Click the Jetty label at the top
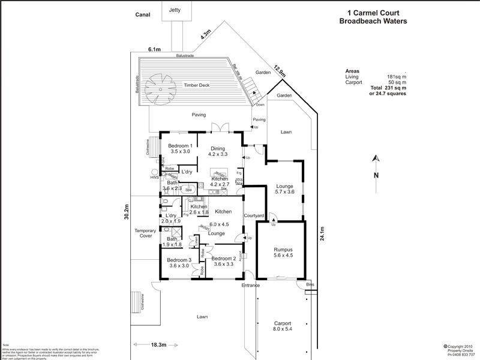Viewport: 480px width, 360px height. click(175, 10)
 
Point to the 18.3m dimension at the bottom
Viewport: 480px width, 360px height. click(159, 345)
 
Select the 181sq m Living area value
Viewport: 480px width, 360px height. click(397, 76)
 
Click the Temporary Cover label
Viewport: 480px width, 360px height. click(145, 233)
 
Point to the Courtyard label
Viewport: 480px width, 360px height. click(254, 215)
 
